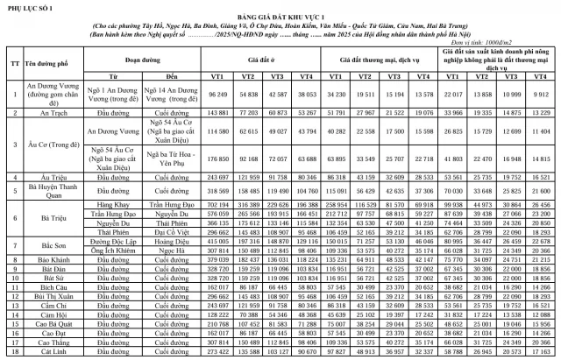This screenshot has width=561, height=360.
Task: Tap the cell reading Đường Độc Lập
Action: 109,242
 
